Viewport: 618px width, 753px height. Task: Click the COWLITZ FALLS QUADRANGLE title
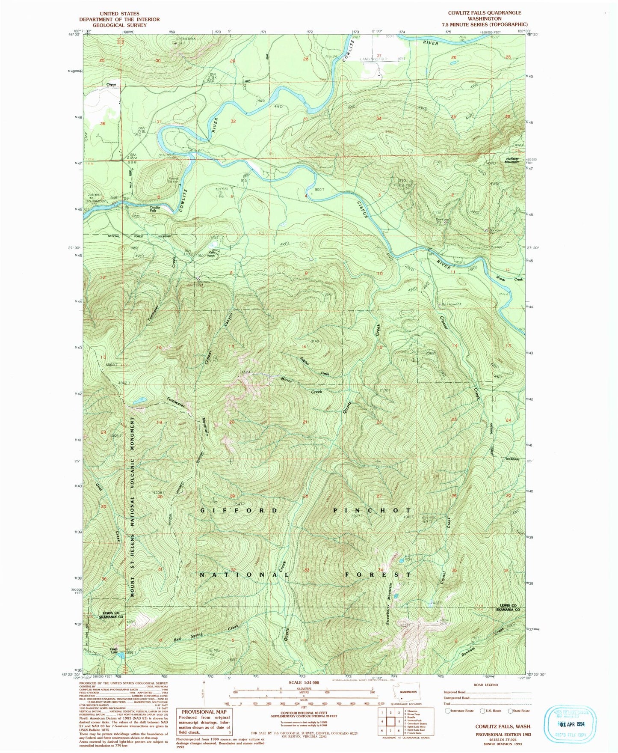484,13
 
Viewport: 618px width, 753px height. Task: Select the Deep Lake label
113,650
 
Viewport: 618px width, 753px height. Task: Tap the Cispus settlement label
112,84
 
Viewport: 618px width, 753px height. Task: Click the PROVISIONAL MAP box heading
203,712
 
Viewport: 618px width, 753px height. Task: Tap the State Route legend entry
519,711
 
